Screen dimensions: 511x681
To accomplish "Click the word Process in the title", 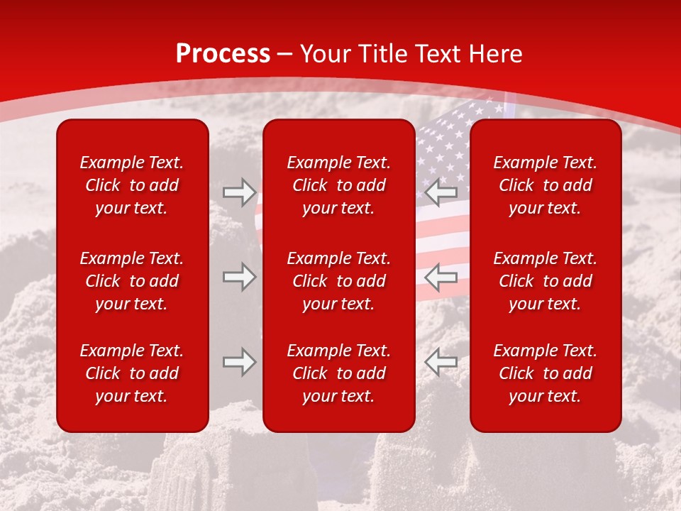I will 223,54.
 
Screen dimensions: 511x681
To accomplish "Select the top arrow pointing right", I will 239,192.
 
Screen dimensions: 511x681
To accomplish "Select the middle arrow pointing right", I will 239,277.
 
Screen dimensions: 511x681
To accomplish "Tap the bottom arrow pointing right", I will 239,362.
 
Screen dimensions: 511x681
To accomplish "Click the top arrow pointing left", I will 441,192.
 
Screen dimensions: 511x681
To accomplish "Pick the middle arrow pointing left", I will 441,277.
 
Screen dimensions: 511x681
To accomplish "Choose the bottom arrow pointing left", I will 441,362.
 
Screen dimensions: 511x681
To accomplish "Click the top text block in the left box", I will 132,185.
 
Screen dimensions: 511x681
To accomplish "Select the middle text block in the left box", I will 132,281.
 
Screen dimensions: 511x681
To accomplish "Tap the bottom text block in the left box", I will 132,373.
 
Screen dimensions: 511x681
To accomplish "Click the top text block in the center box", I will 338,185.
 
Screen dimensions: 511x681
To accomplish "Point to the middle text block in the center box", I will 338,281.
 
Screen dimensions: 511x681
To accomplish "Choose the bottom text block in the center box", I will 338,373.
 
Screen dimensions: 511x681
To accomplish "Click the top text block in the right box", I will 545,185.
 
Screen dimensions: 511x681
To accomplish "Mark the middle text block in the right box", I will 545,281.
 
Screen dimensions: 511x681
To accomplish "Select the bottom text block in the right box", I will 545,373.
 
